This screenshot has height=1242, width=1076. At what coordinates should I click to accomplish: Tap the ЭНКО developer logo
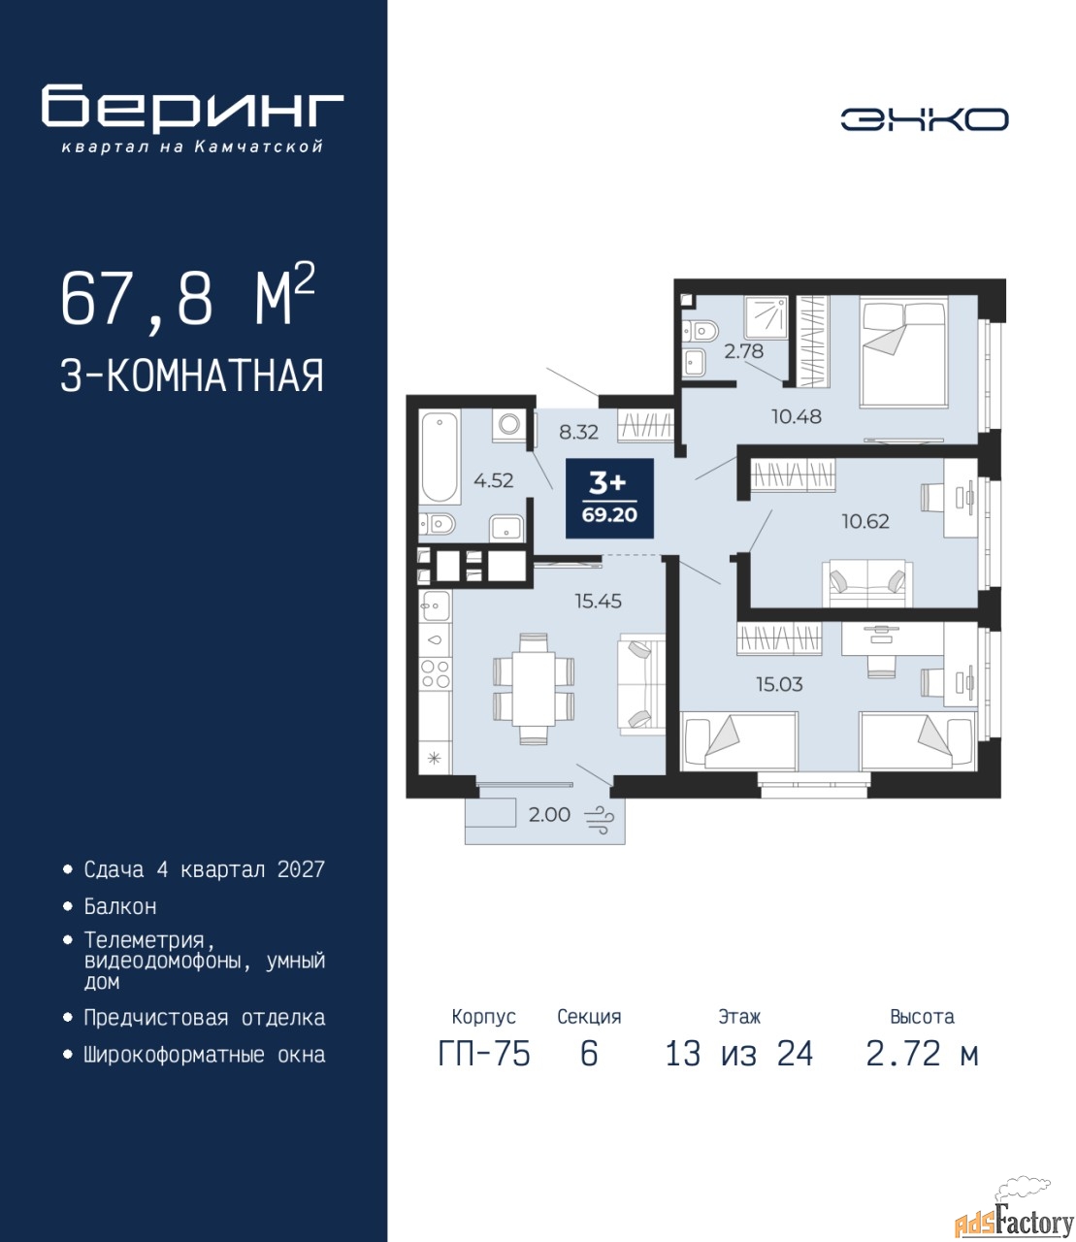924,119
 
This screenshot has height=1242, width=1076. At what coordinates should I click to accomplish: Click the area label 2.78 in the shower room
744,351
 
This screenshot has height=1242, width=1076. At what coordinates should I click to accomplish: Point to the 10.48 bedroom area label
797,416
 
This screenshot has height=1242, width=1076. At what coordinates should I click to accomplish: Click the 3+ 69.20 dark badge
609,498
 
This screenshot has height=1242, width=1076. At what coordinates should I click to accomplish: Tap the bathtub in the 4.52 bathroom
440,455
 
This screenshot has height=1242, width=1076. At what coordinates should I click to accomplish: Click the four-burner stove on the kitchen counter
435,673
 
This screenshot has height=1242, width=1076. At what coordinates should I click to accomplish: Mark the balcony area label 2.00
549,815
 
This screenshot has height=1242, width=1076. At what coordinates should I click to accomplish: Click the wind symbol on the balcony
599,818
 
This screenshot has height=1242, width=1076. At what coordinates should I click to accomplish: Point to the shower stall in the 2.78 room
766,317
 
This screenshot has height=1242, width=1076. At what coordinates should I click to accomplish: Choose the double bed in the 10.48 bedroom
904,353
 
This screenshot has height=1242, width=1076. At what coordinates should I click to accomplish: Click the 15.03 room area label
780,684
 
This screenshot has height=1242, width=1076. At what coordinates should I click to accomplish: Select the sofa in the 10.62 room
867,583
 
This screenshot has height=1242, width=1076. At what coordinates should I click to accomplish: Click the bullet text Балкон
120,906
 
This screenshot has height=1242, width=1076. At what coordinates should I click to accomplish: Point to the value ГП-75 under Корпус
484,1054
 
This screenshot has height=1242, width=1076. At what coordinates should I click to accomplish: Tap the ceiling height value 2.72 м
922,1054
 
